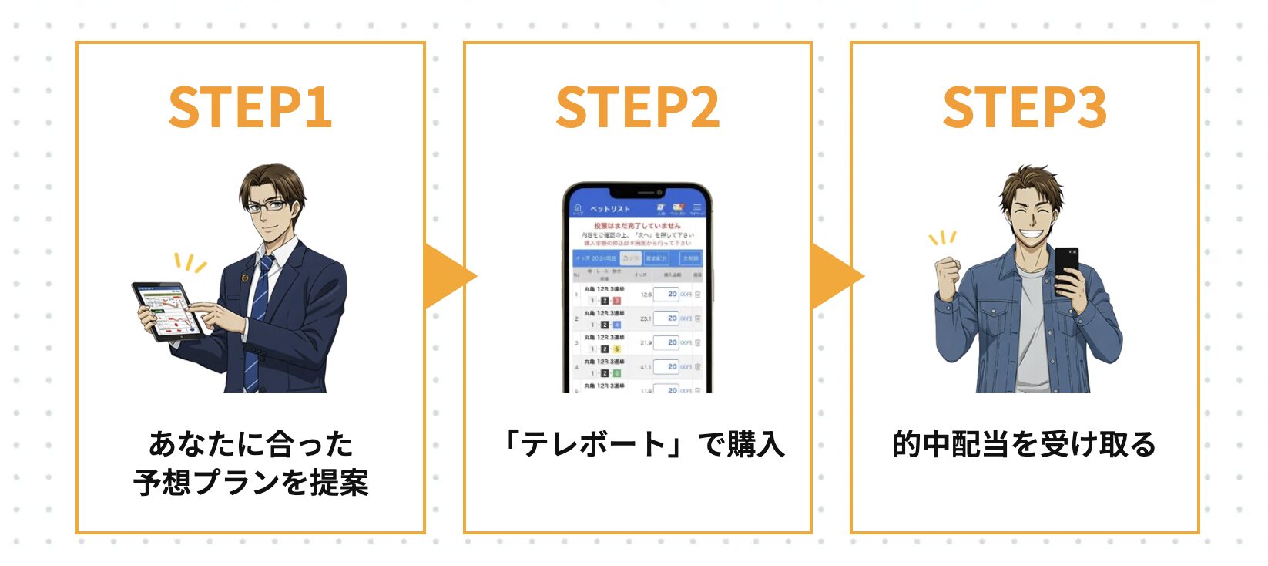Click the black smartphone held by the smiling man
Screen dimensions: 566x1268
coord(1066,270)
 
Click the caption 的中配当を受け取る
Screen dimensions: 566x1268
coord(1024,445)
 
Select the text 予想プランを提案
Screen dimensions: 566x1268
coord(250,483)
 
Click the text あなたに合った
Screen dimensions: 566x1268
coord(250,445)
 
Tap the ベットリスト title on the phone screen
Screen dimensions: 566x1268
coord(609,209)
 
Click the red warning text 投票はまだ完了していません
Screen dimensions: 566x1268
coord(637,226)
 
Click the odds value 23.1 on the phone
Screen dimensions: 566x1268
coord(646,318)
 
